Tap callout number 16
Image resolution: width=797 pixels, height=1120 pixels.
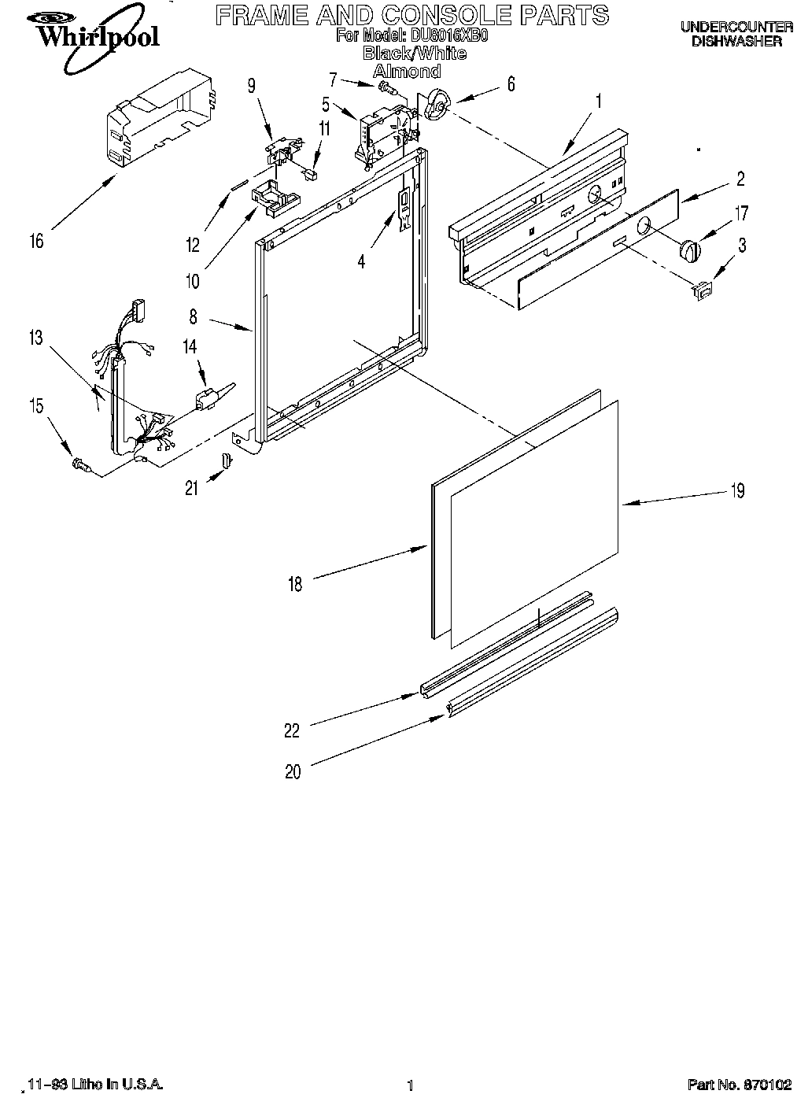coord(36,241)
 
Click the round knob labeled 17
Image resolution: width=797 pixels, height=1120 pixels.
coord(689,251)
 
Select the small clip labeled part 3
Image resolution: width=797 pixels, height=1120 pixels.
coord(700,291)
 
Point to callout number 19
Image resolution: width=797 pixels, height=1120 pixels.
coord(737,491)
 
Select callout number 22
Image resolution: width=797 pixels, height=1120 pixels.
coord(292,731)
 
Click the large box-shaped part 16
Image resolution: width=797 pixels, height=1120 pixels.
coord(157,118)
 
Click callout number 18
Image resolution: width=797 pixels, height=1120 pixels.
coord(295,584)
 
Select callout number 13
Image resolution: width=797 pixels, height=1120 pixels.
coord(35,338)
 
